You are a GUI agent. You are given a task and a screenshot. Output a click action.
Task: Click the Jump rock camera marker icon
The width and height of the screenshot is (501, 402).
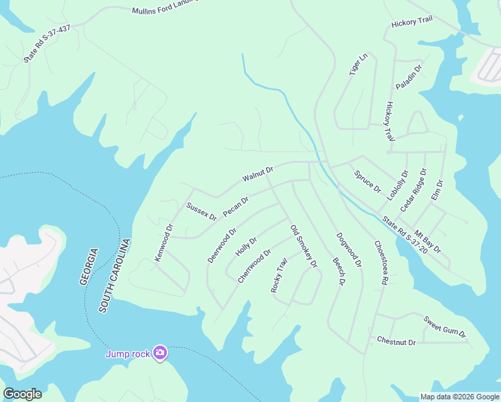[x=159, y=352]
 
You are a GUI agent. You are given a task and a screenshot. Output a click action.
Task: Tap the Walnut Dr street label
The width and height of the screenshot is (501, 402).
[x=259, y=176]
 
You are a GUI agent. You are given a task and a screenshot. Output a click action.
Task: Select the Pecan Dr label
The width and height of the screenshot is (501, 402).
[x=236, y=206]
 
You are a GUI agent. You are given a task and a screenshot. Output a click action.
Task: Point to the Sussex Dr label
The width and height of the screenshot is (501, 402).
[x=202, y=211]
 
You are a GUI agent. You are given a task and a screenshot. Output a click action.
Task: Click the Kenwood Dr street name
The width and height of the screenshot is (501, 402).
[x=164, y=242]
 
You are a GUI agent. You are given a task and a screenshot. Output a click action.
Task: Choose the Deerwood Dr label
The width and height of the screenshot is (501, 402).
[x=222, y=246]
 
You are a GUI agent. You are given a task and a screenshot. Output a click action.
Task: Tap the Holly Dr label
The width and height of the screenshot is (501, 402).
[x=246, y=247]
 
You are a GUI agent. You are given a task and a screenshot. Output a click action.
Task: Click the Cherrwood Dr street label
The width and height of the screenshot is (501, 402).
[x=255, y=267]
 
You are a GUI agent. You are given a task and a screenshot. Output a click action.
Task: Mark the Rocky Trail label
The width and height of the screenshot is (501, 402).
[x=279, y=275]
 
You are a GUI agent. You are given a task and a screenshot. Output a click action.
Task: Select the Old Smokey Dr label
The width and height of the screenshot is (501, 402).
[x=303, y=247]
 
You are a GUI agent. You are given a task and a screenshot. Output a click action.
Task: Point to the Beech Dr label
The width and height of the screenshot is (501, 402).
[x=339, y=272]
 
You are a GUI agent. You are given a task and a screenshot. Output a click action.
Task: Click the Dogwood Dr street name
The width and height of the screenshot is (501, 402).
[x=349, y=250]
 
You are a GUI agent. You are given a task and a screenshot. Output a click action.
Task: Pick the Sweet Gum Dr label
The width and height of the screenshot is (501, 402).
[x=444, y=326]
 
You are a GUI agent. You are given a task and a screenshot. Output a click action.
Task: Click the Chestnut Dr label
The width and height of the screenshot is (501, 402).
[x=397, y=342]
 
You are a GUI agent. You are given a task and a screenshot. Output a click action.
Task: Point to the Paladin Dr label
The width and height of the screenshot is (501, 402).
[x=409, y=77]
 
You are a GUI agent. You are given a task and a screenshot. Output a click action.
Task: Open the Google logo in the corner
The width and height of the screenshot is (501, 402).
[x=22, y=393]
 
